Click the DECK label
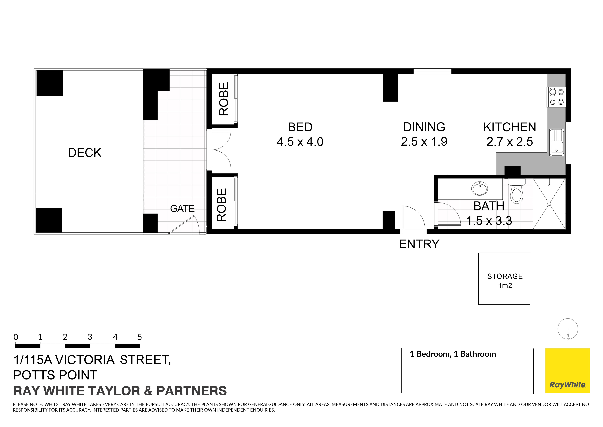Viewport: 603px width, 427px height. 85,153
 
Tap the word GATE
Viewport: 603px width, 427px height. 182,209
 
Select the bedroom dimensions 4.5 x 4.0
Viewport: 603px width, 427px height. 300,142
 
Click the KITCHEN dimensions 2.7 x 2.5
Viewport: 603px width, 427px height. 510,142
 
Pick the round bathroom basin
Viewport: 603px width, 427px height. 480,188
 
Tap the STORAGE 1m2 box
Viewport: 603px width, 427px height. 504,279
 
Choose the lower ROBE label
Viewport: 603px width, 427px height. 221,205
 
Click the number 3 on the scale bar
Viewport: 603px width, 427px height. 90,337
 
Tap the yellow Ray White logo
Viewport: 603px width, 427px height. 568,371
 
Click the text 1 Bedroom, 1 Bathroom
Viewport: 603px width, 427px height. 453,354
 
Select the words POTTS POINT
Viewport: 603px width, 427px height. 55,375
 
